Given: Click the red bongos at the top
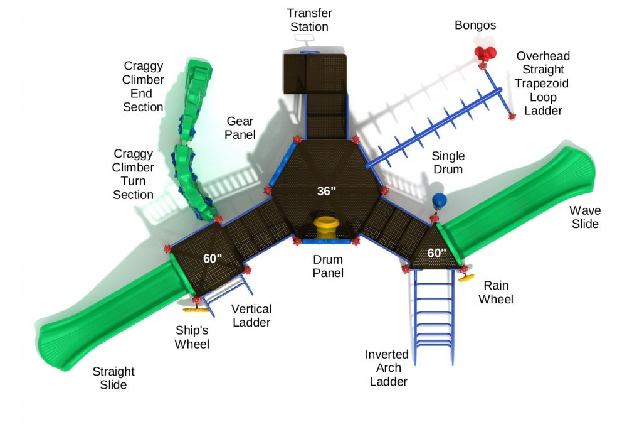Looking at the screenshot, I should click(485, 53).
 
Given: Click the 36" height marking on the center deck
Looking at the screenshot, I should click(327, 192).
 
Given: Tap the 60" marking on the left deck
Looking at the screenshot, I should click(213, 258).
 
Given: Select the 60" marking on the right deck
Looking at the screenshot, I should click(436, 253).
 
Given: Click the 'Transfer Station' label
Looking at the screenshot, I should click(309, 20).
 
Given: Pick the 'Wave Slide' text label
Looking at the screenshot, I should click(584, 217).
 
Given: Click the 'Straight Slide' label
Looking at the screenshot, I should click(113, 378).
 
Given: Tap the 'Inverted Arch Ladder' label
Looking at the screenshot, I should click(388, 368).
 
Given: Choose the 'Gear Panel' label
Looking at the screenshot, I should click(241, 127).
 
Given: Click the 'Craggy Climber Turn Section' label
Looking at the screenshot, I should click(133, 174).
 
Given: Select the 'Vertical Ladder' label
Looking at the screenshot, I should click(251, 316).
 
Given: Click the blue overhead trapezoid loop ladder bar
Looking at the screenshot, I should click(439, 126).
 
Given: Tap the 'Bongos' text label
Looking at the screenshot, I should click(475, 25).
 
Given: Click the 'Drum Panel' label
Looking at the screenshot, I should click(328, 266).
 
